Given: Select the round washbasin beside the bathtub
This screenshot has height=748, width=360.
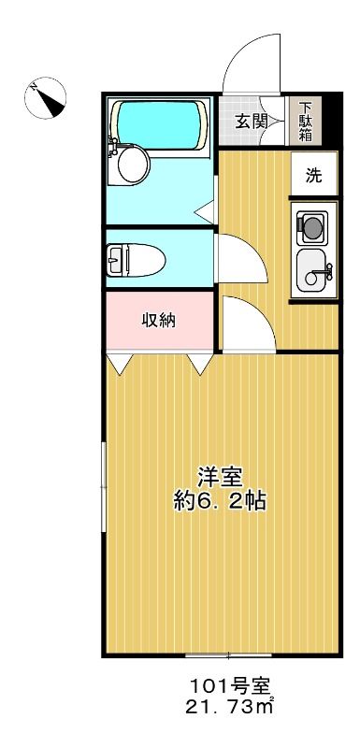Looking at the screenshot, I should (132, 165).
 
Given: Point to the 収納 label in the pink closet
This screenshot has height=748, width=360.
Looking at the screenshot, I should (159, 321).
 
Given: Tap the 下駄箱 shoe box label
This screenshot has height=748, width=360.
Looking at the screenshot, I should (305, 122).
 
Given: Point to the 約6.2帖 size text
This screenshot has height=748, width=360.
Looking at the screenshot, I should (220, 502).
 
